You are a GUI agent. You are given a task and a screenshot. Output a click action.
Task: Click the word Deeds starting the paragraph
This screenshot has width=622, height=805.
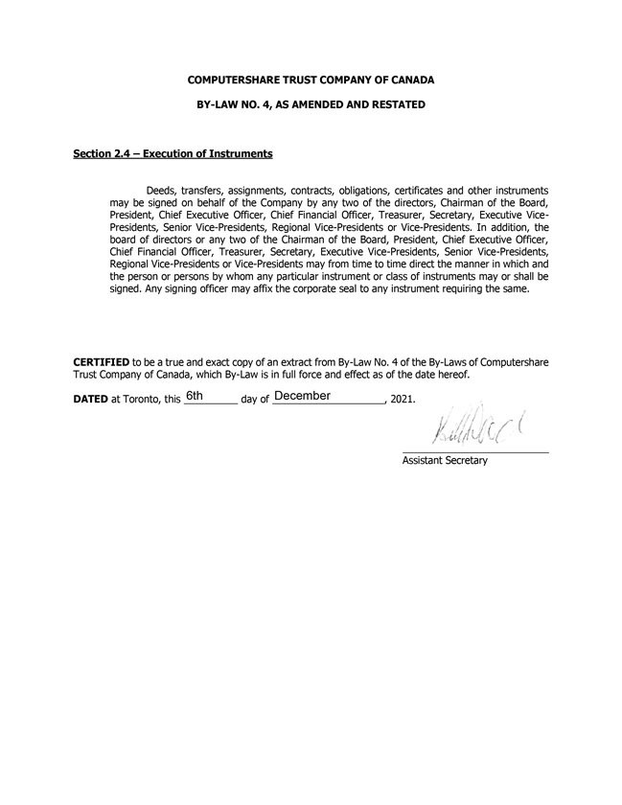pyautogui.click(x=161, y=191)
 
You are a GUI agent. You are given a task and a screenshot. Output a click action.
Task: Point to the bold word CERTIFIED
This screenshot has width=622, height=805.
pyautogui.click(x=102, y=363)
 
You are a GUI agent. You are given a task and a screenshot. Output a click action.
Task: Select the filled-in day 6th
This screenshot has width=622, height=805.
pyautogui.click(x=195, y=396)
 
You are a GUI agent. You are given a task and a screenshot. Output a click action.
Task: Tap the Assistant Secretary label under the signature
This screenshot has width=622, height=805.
pyautogui.click(x=445, y=461)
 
